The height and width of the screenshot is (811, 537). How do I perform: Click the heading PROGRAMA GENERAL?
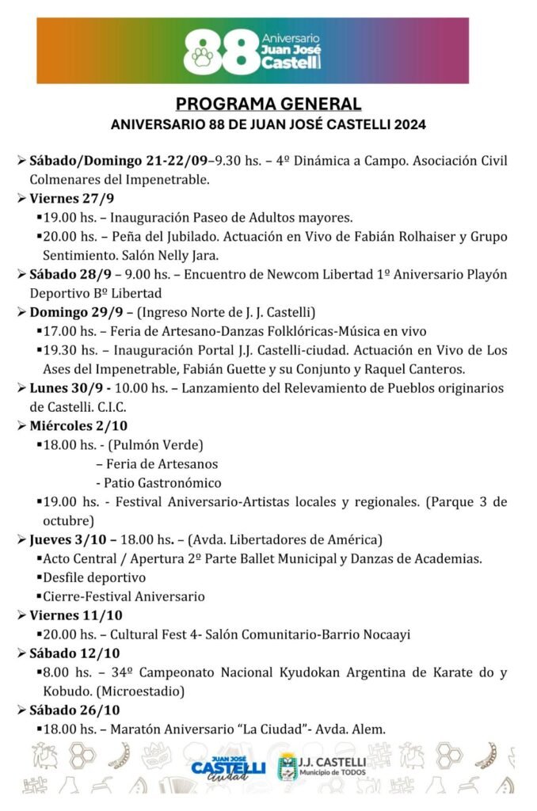[x=268, y=104]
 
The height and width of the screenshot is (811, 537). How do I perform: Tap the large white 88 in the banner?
[x=215, y=51]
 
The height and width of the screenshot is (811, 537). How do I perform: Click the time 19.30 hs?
[x=68, y=350]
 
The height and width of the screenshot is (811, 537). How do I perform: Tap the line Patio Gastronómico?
[x=158, y=482]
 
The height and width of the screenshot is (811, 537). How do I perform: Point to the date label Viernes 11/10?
[x=76, y=615]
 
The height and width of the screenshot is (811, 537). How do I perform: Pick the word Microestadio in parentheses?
[x=148, y=691]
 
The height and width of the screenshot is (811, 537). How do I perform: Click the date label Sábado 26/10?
[x=75, y=710]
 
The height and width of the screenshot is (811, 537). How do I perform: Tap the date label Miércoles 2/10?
[x=78, y=426]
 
